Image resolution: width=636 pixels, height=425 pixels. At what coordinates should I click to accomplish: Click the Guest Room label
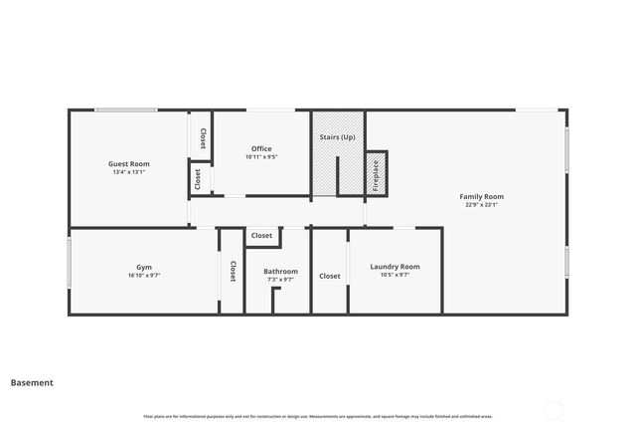129,163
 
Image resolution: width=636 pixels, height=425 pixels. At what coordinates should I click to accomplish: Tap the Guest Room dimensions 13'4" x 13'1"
129,172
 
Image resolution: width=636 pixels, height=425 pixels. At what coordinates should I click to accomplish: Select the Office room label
261,148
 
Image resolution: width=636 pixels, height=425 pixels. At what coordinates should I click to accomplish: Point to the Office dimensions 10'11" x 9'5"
261,157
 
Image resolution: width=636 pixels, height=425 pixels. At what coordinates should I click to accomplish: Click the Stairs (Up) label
337,136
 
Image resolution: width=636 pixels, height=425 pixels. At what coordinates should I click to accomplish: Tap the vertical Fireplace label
376,175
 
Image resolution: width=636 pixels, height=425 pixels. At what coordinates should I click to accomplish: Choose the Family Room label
481,196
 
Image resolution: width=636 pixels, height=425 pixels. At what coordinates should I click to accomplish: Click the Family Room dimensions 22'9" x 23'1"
481,205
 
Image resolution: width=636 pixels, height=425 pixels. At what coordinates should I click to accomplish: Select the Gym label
144,267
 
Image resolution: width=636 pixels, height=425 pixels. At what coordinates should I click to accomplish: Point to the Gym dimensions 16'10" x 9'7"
144,276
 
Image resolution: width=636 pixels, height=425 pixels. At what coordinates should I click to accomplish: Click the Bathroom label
280,271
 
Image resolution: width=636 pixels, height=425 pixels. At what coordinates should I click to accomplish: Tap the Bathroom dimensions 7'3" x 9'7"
280,280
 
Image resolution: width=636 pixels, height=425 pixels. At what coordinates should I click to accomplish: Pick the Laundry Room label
395,266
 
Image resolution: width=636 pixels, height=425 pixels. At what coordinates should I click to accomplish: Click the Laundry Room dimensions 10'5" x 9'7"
395,275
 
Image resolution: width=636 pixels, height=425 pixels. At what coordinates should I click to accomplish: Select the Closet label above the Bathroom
261,236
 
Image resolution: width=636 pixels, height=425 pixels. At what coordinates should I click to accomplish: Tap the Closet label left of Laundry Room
329,276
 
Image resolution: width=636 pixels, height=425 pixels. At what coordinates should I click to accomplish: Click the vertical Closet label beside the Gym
233,272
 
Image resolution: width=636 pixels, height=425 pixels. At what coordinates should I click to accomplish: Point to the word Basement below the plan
32,382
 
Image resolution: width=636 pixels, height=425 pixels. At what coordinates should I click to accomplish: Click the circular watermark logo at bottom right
555,409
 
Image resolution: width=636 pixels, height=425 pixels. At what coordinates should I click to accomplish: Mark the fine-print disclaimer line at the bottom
318,416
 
